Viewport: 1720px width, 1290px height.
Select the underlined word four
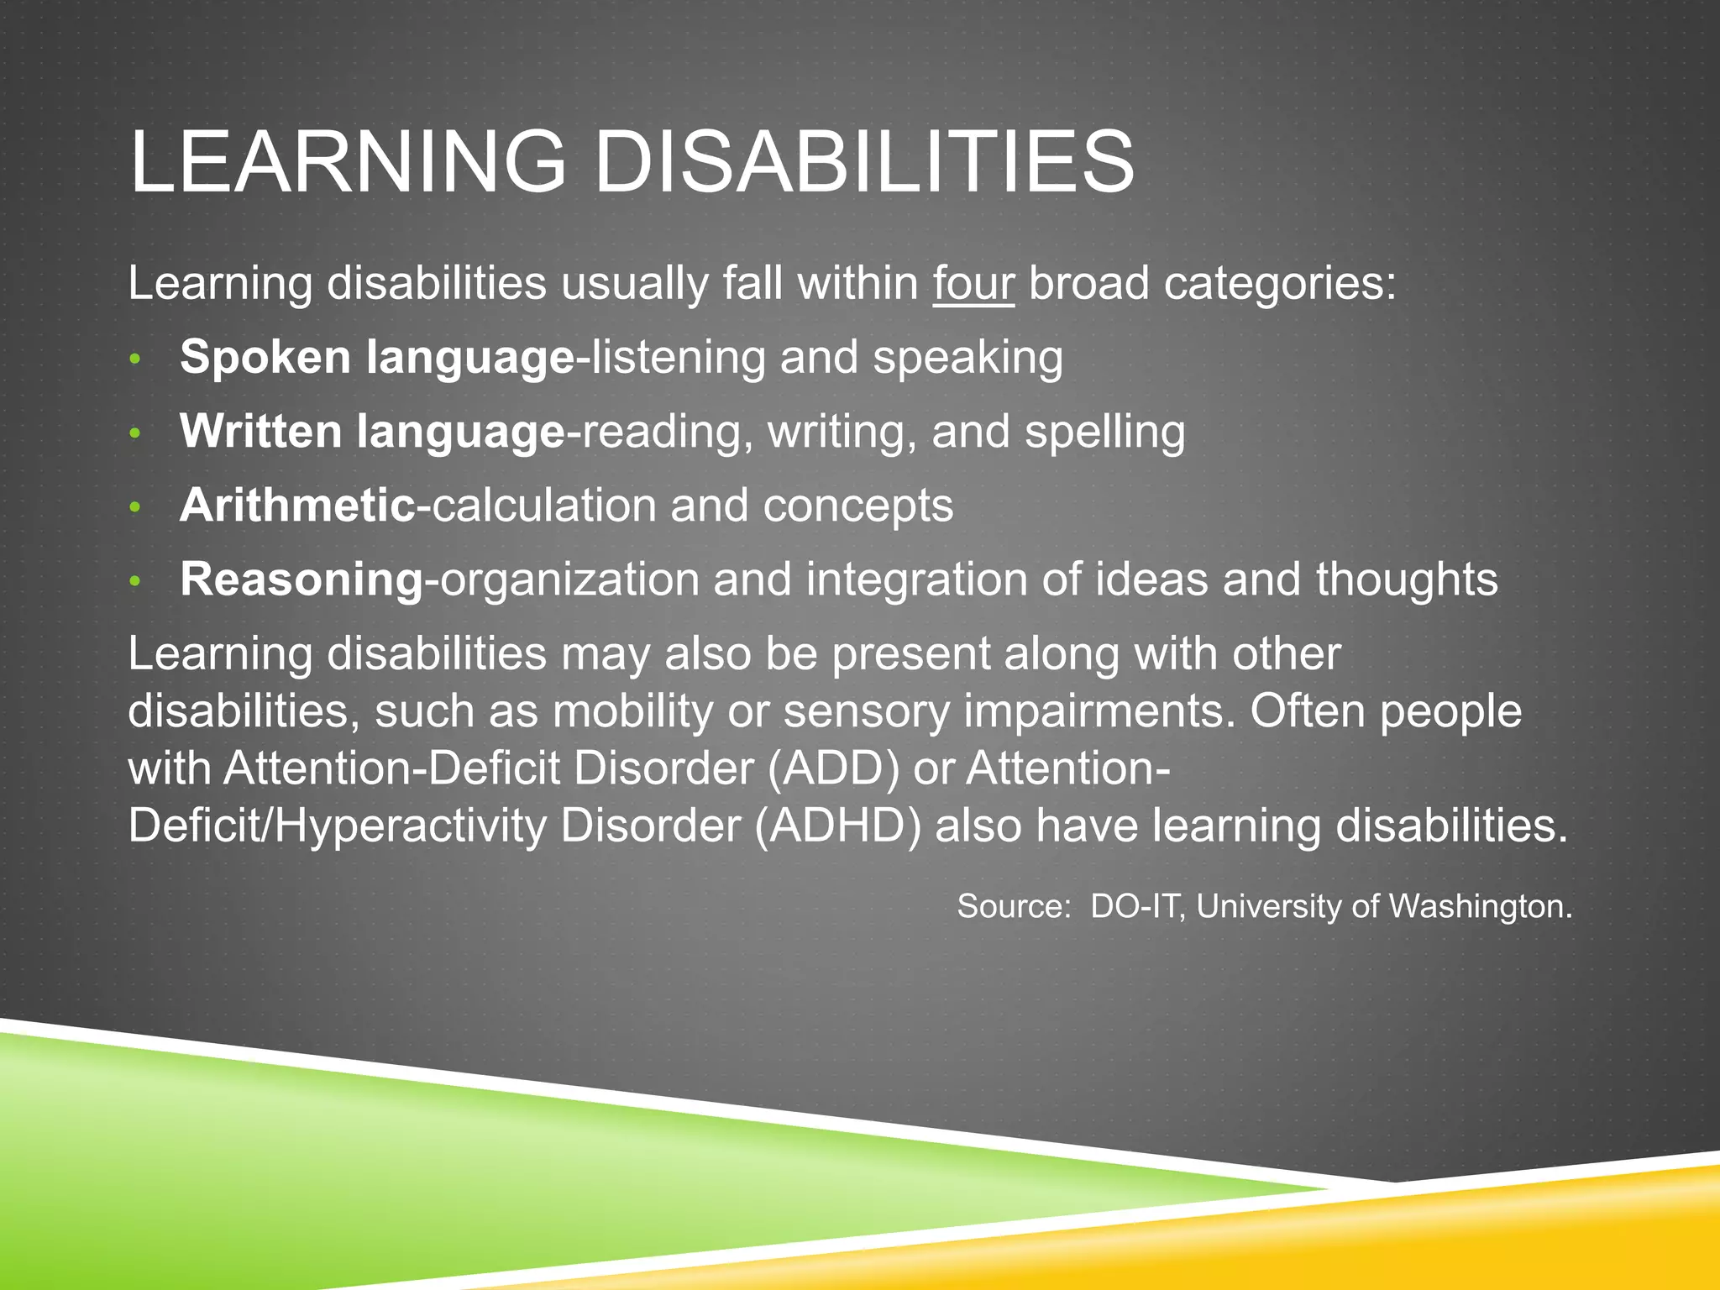tap(973, 283)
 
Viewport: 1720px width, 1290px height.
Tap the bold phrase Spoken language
tap(377, 358)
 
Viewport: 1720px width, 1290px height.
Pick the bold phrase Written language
tap(372, 432)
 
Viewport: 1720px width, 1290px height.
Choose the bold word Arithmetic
tap(298, 506)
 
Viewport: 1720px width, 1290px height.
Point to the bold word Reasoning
tap(302, 579)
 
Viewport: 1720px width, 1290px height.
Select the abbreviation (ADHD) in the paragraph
tap(837, 826)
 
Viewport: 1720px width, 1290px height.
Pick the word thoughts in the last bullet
tap(1407, 579)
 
